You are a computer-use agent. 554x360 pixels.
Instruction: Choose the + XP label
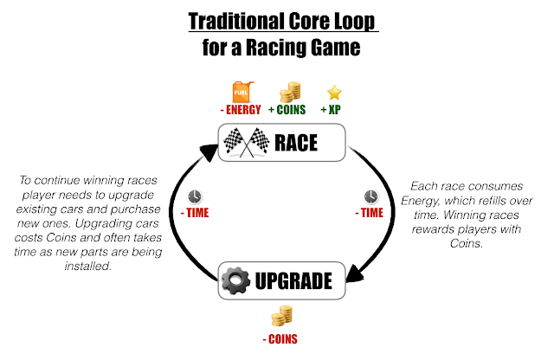point(332,111)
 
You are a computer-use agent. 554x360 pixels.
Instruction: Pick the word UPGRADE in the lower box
point(295,281)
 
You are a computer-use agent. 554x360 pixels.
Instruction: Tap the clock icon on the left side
point(194,196)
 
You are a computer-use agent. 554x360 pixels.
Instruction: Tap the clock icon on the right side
point(371,196)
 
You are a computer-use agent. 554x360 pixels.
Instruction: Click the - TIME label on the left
point(194,212)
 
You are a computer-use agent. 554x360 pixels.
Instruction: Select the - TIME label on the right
point(371,212)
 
